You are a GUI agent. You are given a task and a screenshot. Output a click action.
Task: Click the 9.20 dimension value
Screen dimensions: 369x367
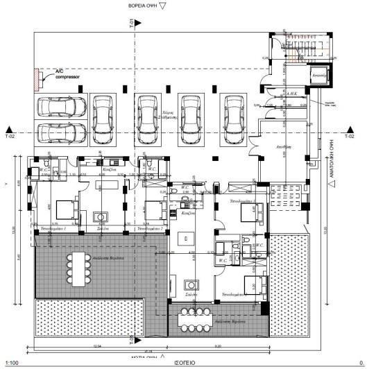click(x=217, y=345)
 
